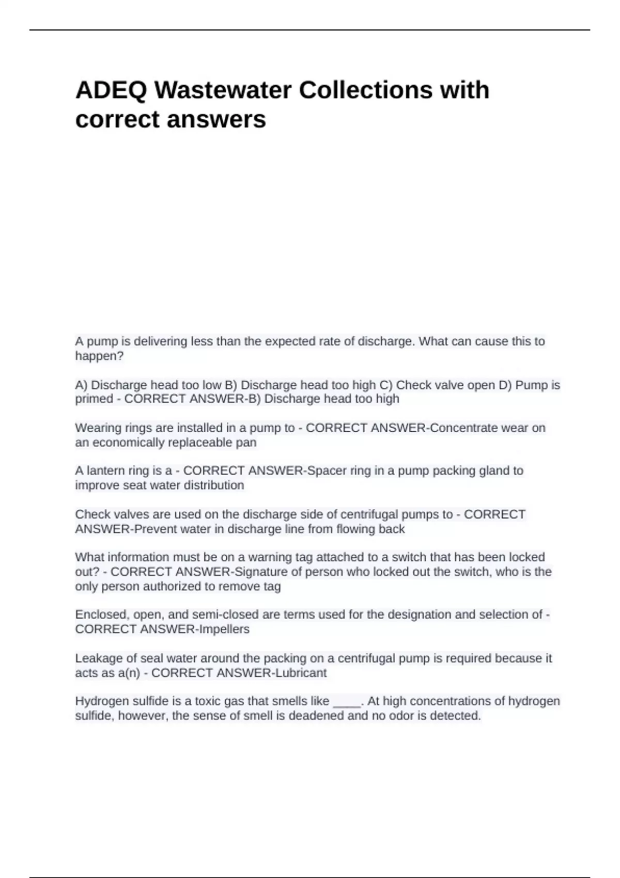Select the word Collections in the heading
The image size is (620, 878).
(365, 90)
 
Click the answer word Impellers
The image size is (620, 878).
(224, 630)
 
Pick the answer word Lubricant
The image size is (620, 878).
(301, 673)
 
